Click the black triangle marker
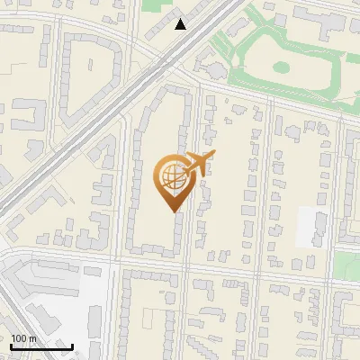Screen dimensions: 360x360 pyautogui.click(x=181, y=24)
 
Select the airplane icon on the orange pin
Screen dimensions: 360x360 pyautogui.click(x=199, y=163)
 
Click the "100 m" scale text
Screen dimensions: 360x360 pyautogui.click(x=23, y=338)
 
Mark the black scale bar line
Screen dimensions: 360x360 pyautogui.click(x=41, y=347)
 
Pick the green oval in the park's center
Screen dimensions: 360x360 pyautogui.click(x=281, y=67)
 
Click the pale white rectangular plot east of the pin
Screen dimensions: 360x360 pyautogui.click(x=311, y=227)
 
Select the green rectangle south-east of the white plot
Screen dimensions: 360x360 pyautogui.click(x=347, y=266)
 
